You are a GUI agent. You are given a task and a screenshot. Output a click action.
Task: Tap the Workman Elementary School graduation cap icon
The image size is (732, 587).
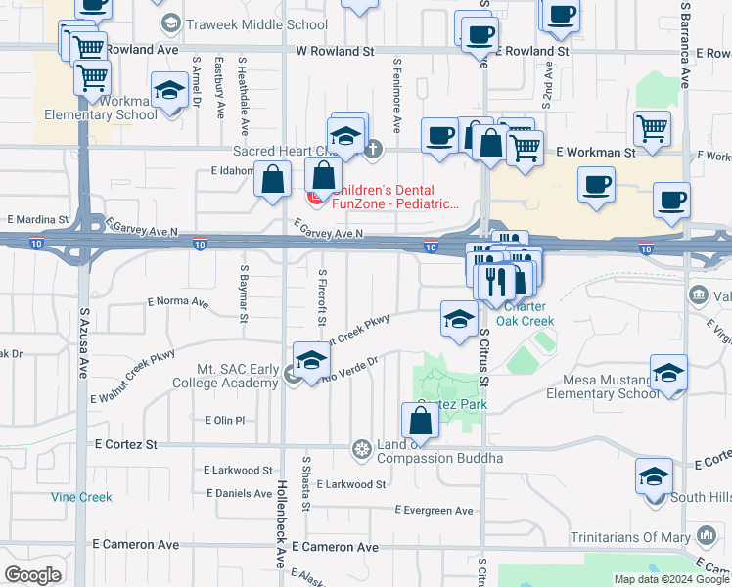[x=170, y=92]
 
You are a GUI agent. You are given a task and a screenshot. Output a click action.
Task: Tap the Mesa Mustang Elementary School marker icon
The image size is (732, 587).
[x=668, y=373]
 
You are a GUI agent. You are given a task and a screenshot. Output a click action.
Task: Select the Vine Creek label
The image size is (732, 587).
[x=82, y=497]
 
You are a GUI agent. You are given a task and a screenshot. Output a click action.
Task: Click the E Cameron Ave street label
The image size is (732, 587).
[x=136, y=544]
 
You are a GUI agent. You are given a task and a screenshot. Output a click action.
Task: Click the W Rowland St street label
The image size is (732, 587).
[x=335, y=50]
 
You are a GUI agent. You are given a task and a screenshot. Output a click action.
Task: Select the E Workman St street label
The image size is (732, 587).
[x=595, y=153]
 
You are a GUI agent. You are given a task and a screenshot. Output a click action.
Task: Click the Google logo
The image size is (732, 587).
[x=32, y=575]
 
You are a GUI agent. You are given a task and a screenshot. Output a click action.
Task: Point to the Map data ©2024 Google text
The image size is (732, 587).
[x=670, y=579]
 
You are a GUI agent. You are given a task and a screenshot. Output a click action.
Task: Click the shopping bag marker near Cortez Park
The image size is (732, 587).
[x=420, y=422]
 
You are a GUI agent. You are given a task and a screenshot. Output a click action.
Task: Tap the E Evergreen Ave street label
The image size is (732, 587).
[x=434, y=511]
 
